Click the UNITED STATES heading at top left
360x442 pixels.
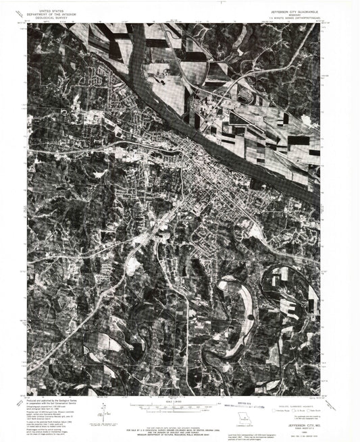pos(53,11)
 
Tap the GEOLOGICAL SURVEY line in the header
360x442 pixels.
pos(53,18)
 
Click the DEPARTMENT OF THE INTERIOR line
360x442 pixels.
pos(53,15)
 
